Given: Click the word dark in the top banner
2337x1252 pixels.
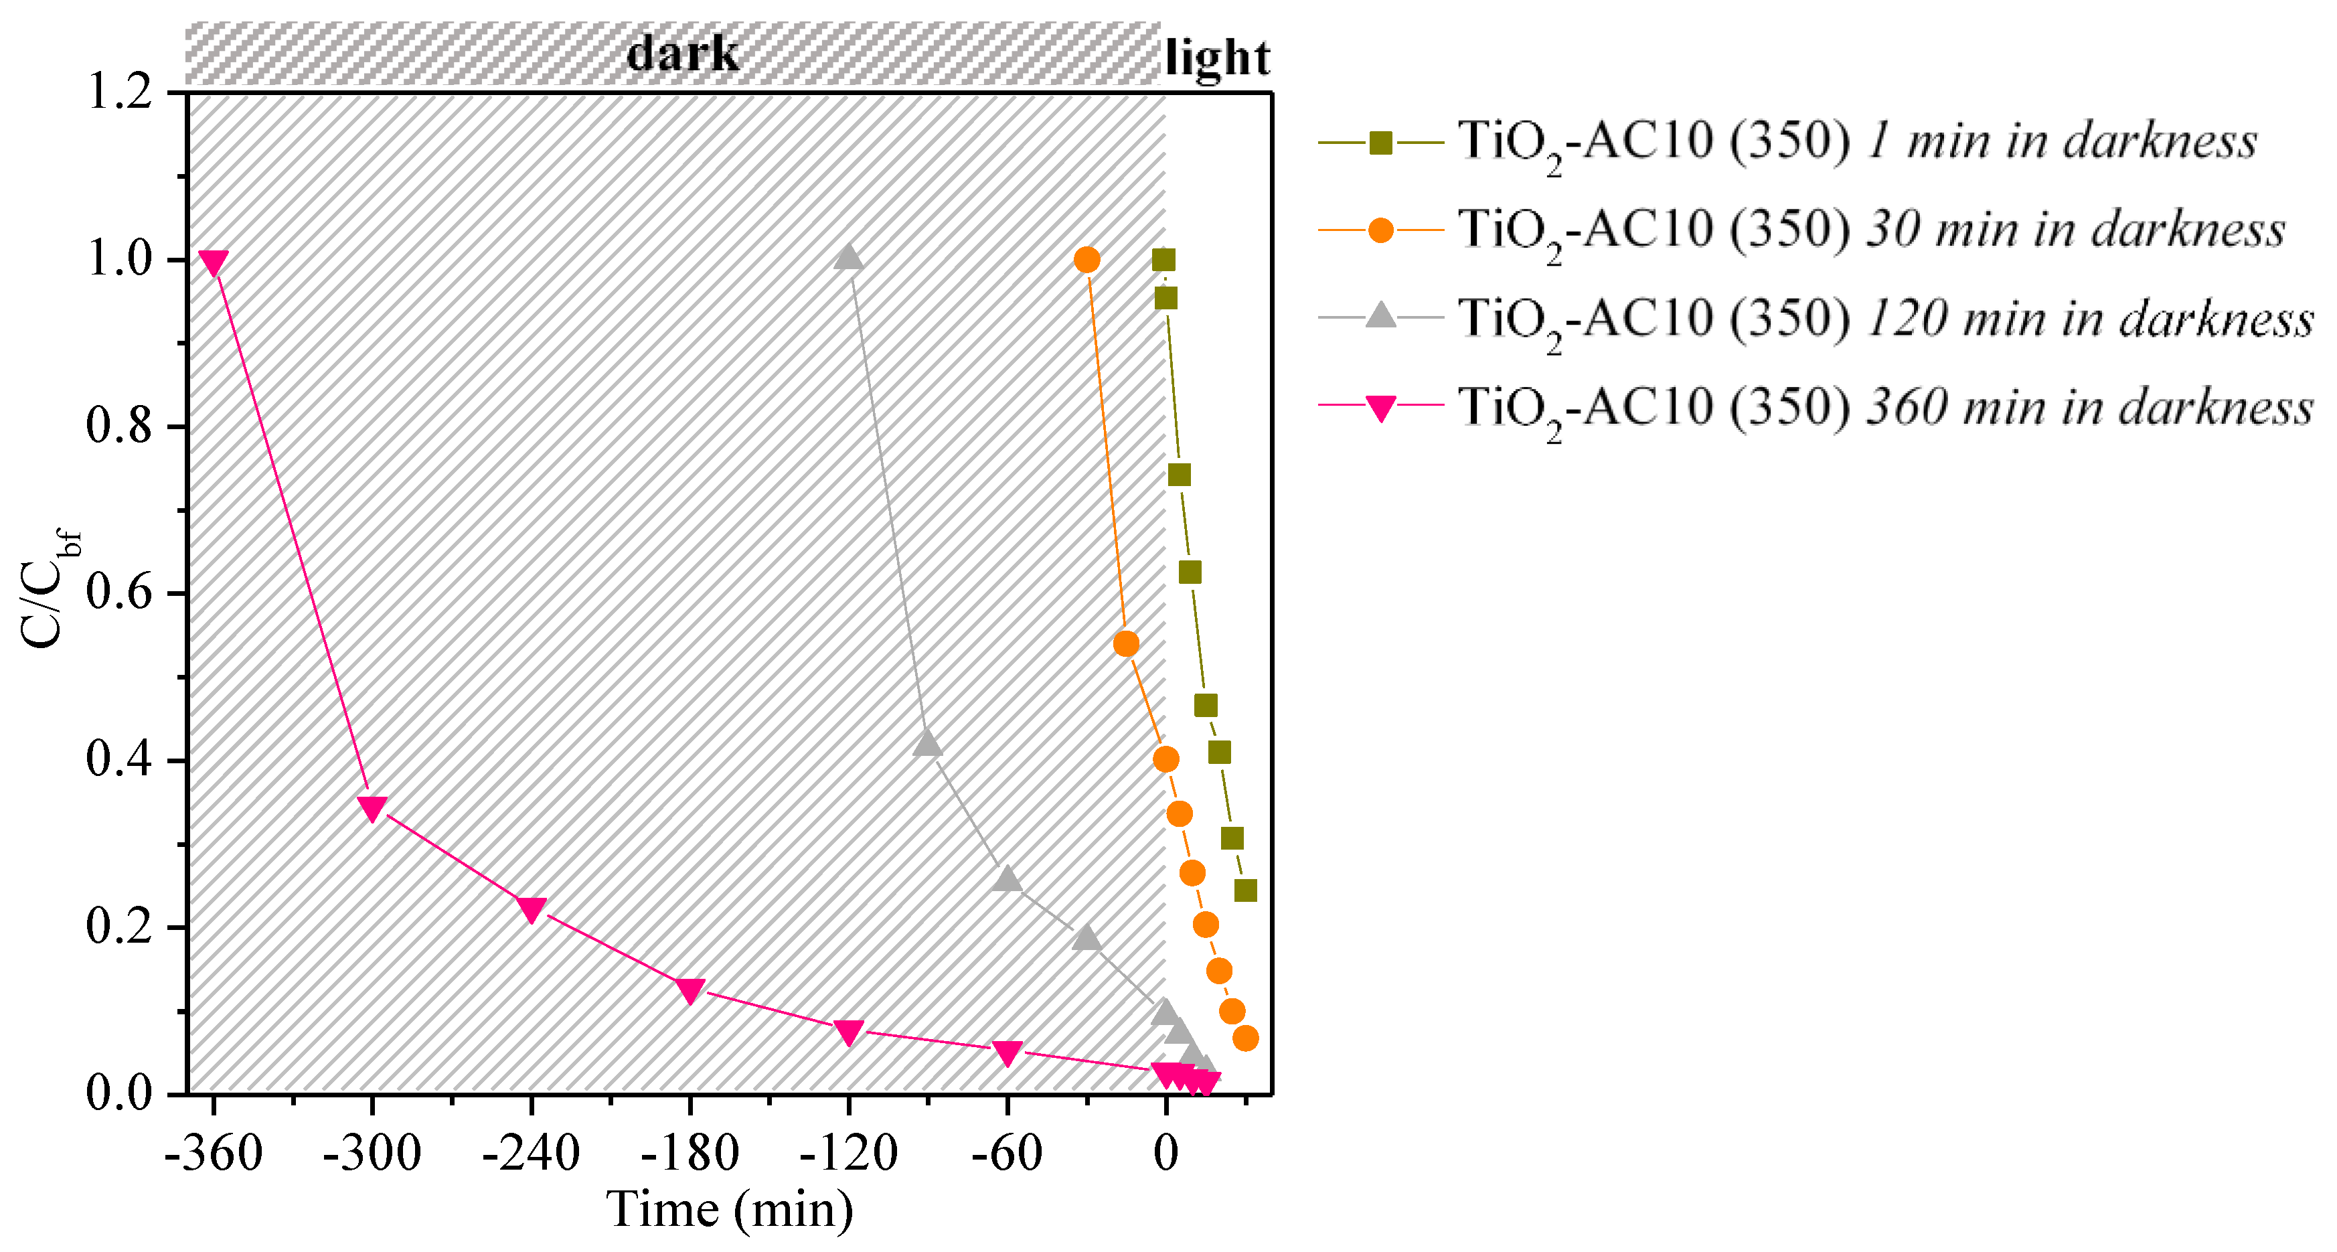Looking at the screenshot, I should [682, 54].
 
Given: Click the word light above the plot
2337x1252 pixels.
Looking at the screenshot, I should [1216, 58].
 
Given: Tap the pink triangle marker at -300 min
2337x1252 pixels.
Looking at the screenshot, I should [372, 807].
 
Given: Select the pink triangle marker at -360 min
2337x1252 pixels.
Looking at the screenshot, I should [213, 263].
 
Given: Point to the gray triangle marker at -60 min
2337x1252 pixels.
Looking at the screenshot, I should [1007, 879].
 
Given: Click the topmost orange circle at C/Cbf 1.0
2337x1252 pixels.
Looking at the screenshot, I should [1087, 260].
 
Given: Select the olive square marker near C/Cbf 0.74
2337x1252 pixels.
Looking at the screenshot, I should [1178, 475].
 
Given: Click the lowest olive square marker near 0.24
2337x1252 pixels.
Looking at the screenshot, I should [1246, 890].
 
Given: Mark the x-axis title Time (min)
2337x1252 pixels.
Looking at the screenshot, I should [730, 1209].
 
